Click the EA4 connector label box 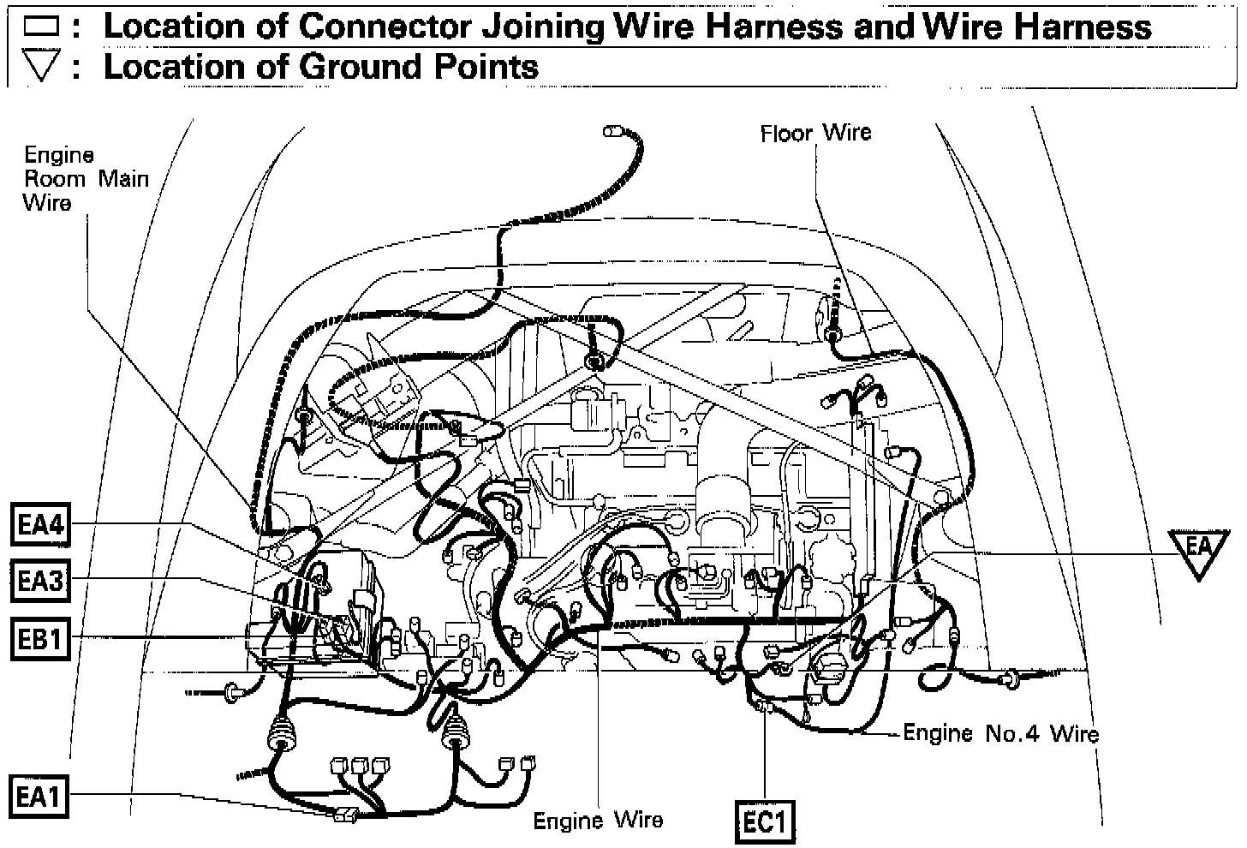tap(40, 524)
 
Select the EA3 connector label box tap(40, 582)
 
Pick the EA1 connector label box tap(40, 797)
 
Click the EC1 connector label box tap(765, 822)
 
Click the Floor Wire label tap(815, 133)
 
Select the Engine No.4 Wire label tap(1000, 733)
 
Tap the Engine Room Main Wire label tap(85, 178)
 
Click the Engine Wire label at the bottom tap(598, 821)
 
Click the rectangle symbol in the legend tap(40, 27)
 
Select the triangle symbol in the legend tap(40, 68)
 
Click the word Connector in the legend tap(385, 27)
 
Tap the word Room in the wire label tap(56, 179)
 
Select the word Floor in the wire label tap(785, 133)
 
